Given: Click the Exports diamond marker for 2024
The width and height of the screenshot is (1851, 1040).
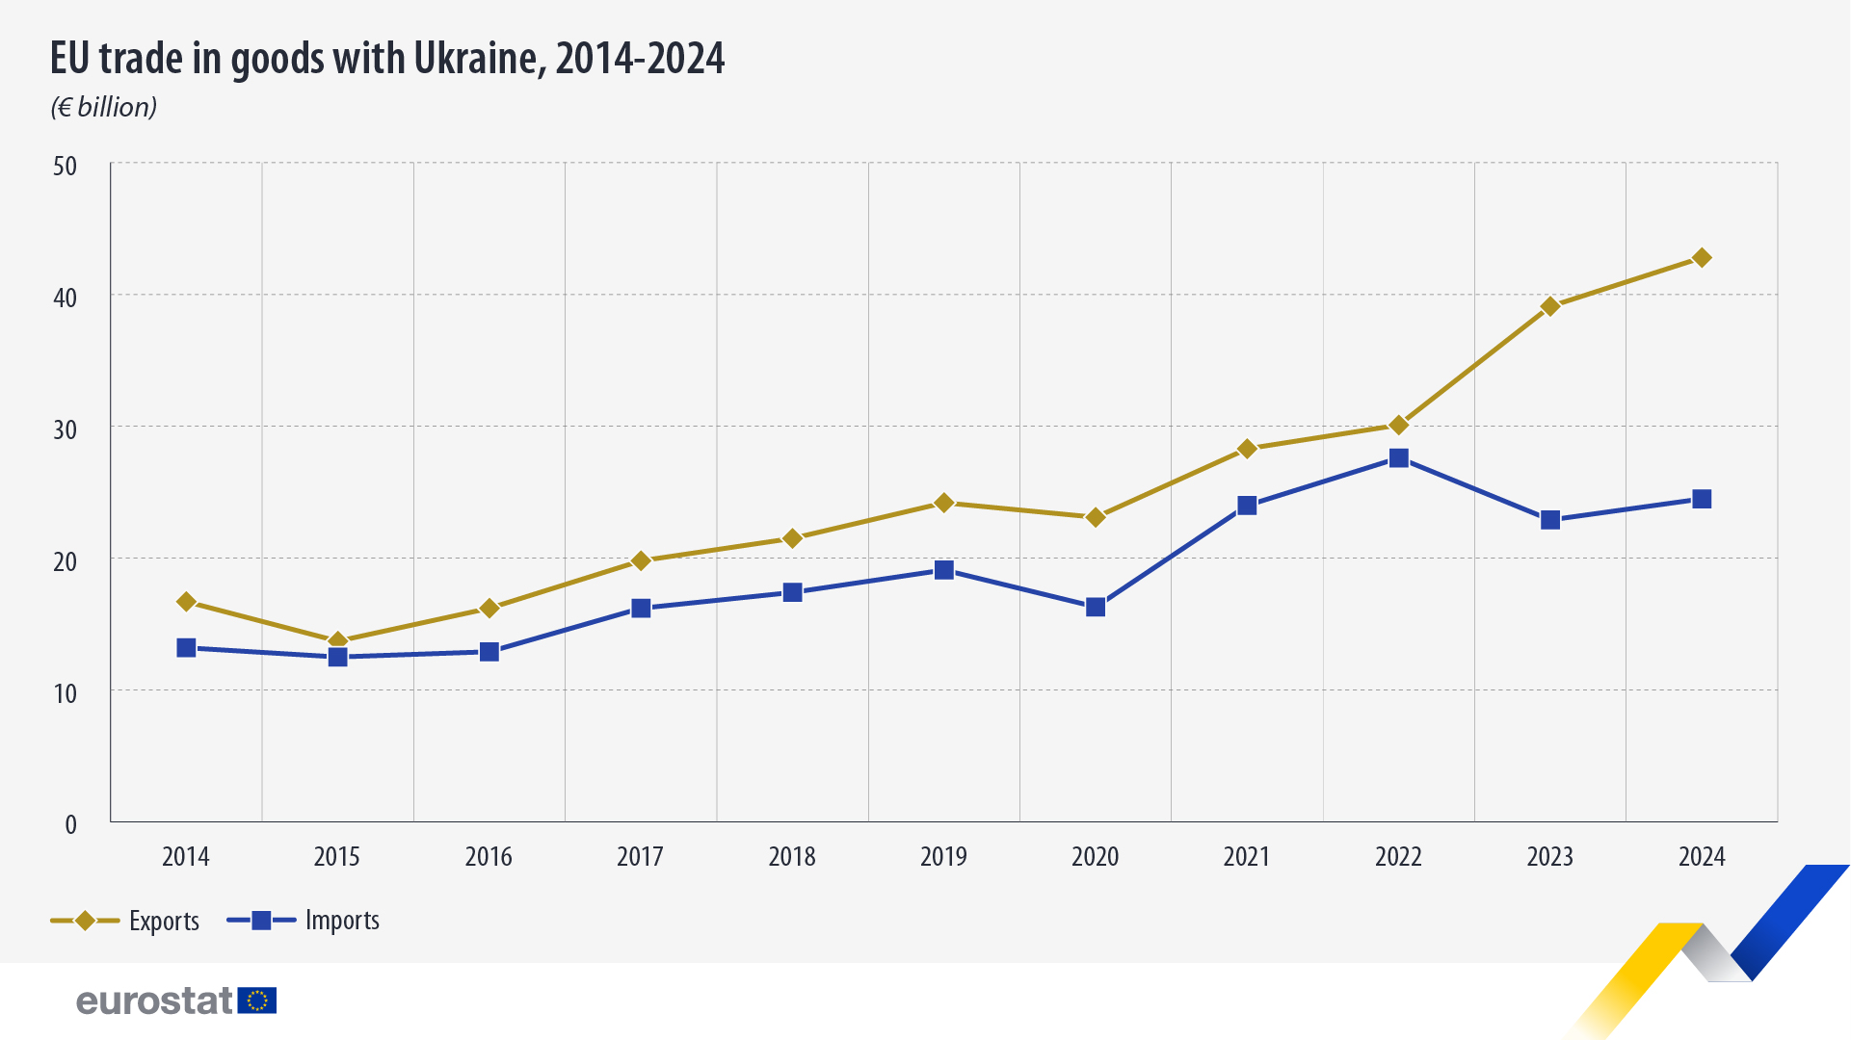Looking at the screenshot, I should click(x=1702, y=258).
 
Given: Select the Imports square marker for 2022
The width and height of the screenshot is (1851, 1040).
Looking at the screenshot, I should click(x=1398, y=458).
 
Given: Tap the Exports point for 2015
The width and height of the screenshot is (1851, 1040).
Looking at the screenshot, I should click(x=337, y=641).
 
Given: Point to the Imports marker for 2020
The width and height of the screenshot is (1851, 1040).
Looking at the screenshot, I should click(x=1096, y=607).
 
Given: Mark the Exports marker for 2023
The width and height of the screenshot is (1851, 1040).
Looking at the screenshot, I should click(x=1550, y=307).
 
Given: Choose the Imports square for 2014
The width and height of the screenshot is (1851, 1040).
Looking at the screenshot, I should click(x=186, y=648).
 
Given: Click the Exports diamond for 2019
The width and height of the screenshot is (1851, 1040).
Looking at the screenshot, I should click(x=944, y=503).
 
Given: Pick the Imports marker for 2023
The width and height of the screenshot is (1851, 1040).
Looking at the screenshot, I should click(x=1550, y=520).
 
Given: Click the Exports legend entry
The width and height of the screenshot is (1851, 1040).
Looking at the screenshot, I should click(x=125, y=921).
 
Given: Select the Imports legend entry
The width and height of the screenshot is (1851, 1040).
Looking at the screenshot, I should click(x=304, y=921).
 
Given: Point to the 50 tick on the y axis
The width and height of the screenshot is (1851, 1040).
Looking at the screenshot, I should click(x=65, y=167).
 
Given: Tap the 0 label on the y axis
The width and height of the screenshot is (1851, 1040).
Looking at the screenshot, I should click(x=70, y=824).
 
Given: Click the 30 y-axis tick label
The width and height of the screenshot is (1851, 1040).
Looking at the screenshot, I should click(x=65, y=429).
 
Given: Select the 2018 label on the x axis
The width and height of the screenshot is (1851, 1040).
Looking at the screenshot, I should click(x=792, y=857).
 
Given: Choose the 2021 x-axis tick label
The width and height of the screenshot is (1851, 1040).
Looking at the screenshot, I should click(x=1247, y=857).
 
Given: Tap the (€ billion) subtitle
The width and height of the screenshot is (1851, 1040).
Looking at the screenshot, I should click(x=104, y=107).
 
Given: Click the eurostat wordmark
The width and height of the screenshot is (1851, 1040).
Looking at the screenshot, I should click(x=154, y=1001).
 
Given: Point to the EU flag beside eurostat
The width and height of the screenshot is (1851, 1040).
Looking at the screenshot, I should click(x=257, y=1001).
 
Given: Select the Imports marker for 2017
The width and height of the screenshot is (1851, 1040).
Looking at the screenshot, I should click(x=641, y=609).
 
